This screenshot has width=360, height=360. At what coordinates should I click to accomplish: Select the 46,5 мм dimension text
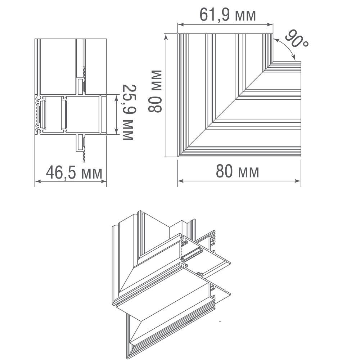74,173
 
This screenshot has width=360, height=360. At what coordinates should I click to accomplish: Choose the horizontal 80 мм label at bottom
237,172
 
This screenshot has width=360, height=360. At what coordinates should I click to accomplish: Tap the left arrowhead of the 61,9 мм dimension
180,24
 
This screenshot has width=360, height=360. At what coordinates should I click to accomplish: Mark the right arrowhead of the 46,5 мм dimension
104,181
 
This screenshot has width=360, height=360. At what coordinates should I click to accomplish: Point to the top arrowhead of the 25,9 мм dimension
116,97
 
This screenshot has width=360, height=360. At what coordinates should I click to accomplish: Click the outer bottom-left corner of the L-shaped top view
178,157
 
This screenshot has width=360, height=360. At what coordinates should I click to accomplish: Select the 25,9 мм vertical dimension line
116,114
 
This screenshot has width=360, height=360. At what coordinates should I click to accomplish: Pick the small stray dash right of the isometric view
221,320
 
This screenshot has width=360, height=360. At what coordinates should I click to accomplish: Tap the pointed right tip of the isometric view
230,294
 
